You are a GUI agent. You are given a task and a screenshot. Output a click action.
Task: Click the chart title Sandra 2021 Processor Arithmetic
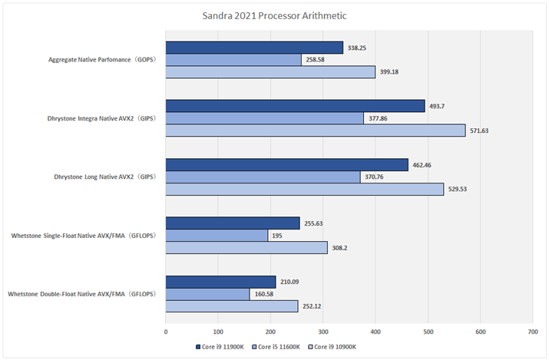pos(275,14)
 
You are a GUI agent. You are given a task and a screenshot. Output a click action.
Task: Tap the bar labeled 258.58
pos(233,59)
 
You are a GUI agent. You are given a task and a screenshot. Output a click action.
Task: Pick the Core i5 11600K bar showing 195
pos(217,236)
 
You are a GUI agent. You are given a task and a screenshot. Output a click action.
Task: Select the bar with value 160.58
pos(207,294)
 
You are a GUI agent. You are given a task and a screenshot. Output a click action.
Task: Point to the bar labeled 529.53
pos(304,189)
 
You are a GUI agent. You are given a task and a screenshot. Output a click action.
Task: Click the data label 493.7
pos(442,106)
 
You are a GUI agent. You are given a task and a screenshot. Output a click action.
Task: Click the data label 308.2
pos(344,248)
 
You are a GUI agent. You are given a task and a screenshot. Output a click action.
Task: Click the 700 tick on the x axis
pos(532,332)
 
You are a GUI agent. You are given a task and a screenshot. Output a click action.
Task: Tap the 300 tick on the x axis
pos(323,332)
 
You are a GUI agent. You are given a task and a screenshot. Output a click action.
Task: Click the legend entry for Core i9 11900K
pos(222,347)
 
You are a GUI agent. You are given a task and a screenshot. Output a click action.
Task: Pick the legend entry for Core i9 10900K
pos(335,347)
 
